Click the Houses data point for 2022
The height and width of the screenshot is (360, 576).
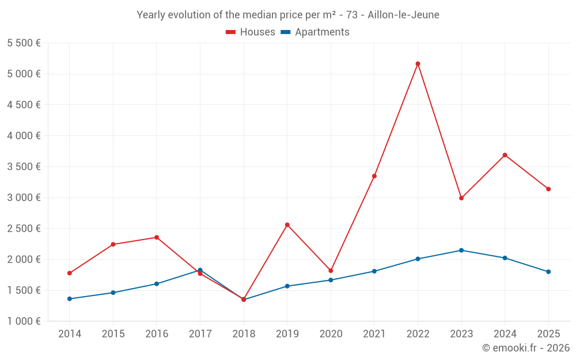tap(418, 64)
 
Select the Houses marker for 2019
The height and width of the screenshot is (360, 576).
tap(287, 225)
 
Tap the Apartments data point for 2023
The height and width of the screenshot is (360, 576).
tap(461, 251)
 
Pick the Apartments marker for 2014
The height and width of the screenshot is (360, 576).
tap(70, 299)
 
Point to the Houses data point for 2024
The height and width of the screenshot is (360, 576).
tap(505, 155)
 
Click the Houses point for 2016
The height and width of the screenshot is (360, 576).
tap(157, 237)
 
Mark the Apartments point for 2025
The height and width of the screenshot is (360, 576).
tap(548, 272)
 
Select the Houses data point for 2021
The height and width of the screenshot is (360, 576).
tap(374, 176)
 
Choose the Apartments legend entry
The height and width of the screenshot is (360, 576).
tap(322, 32)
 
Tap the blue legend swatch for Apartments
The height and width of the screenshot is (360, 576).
tap(285, 32)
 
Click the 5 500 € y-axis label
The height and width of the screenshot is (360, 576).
tap(24, 43)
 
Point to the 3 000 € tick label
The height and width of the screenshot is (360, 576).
tap(24, 198)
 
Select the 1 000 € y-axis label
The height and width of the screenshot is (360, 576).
tap(24, 321)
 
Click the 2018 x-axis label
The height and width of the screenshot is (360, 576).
tap(244, 334)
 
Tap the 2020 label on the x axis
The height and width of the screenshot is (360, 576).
tap(331, 334)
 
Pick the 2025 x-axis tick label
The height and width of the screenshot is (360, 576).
tap(548, 334)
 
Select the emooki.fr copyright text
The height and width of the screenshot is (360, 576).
tap(526, 348)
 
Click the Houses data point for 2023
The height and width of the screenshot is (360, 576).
tap(461, 198)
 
